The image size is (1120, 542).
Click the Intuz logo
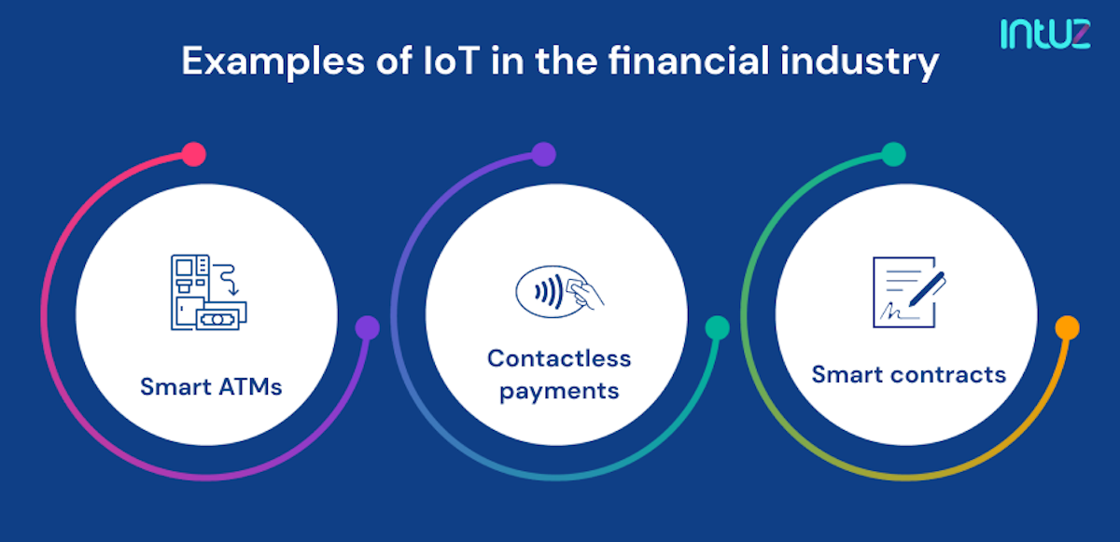click(x=1045, y=33)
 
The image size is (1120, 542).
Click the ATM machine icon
click(x=204, y=291)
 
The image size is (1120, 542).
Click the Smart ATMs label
click(x=211, y=386)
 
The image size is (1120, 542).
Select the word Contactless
click(x=559, y=358)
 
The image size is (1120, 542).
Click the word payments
click(x=559, y=390)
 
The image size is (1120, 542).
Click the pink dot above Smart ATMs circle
click(x=193, y=154)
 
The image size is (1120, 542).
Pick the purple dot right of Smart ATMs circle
click(x=368, y=327)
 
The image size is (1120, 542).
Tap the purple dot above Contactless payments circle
click(x=543, y=154)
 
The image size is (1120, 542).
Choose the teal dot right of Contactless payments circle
click(x=717, y=327)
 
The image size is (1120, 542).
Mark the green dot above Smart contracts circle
click(x=893, y=154)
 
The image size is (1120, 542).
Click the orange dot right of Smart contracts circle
click(x=1067, y=327)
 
